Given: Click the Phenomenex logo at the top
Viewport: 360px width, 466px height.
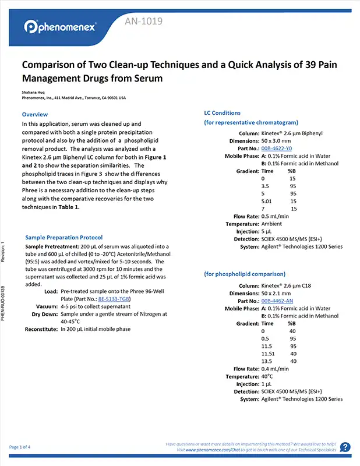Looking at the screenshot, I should [x=61, y=27].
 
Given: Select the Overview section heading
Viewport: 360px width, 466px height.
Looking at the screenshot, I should [x=34, y=114].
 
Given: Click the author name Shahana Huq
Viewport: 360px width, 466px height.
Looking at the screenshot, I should [x=32, y=91].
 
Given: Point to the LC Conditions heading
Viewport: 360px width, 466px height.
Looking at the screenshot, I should [x=222, y=112].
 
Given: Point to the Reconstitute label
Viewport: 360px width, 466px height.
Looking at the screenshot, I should [x=36, y=329].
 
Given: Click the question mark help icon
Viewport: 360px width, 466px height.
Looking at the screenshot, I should [x=345, y=447].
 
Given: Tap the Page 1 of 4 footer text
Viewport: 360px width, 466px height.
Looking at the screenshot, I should [x=23, y=447].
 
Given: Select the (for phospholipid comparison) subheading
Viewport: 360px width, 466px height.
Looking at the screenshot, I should [x=245, y=274].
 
